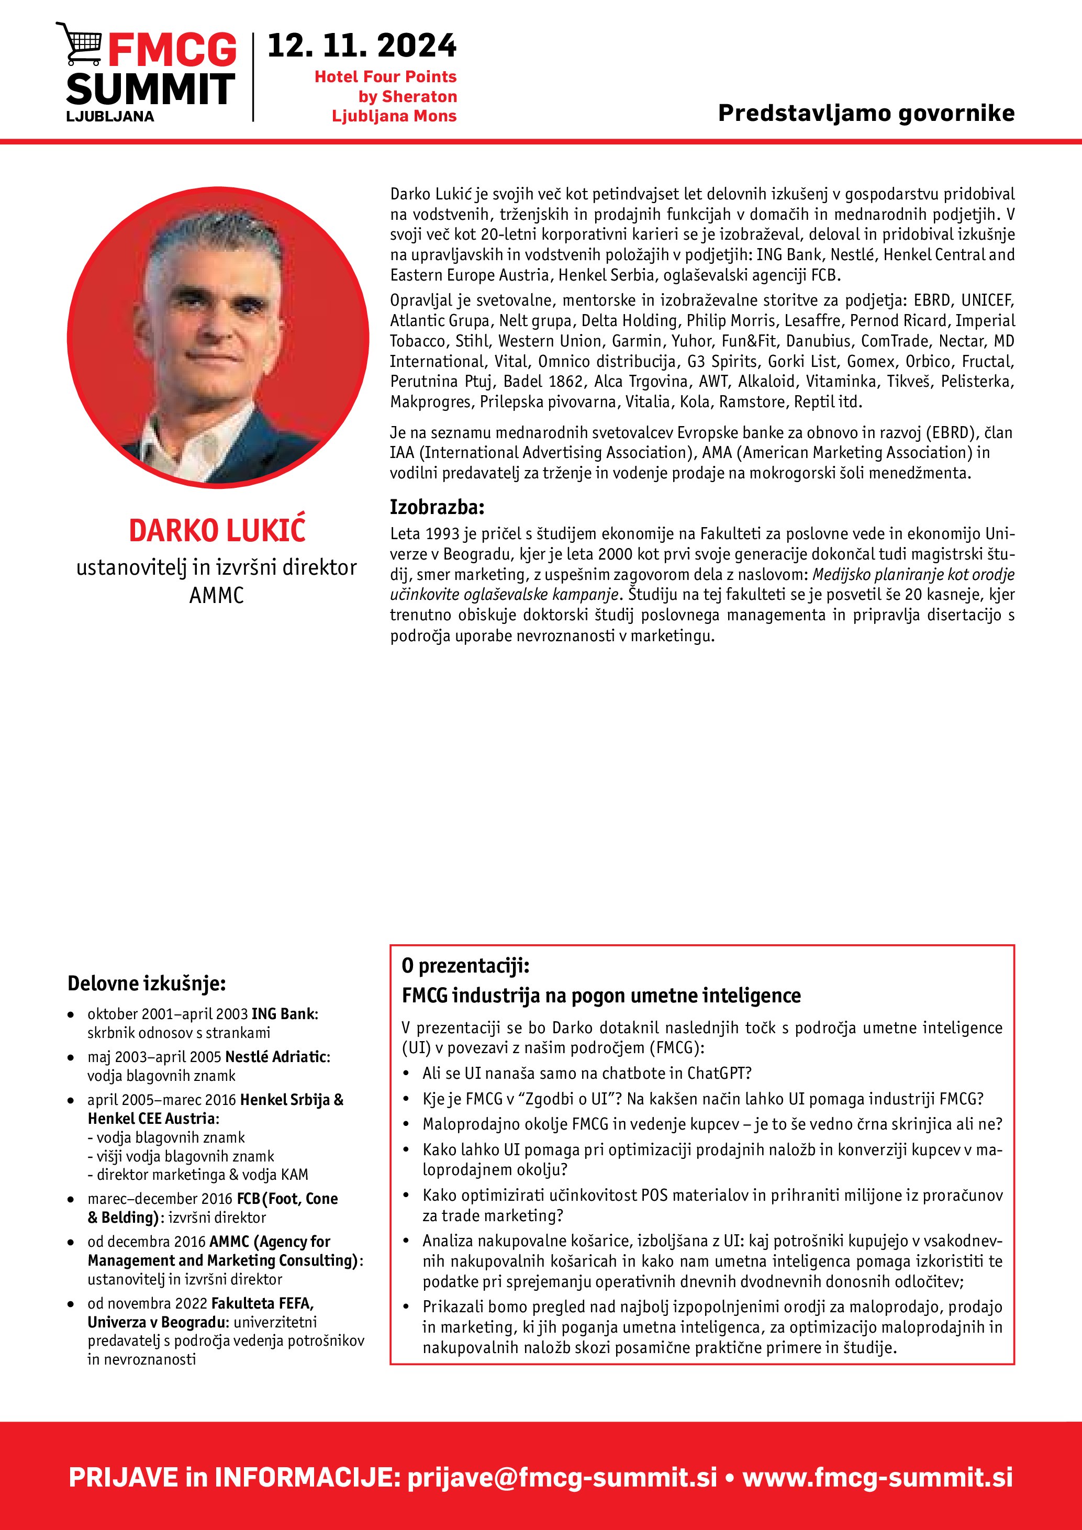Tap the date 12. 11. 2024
click(x=362, y=47)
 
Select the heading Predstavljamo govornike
click(x=865, y=113)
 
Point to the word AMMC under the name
click(x=217, y=595)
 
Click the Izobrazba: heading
click(x=437, y=507)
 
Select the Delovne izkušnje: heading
click(x=147, y=984)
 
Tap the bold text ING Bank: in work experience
click(x=284, y=1013)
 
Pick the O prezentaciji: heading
click(x=465, y=966)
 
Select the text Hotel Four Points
click(x=385, y=76)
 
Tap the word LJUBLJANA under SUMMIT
click(x=110, y=116)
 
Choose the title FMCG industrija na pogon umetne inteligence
click(x=601, y=996)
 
